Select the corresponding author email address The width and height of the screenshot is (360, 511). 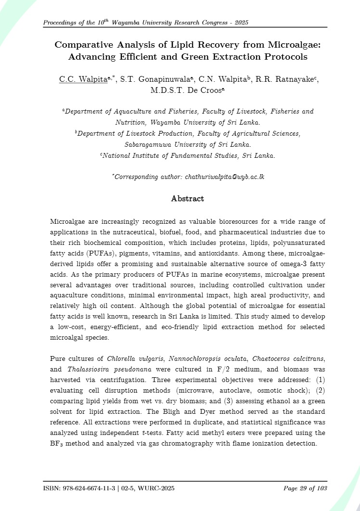(x=225, y=177)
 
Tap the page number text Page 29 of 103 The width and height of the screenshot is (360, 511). (x=306, y=488)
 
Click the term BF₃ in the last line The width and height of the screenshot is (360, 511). (x=57, y=443)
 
